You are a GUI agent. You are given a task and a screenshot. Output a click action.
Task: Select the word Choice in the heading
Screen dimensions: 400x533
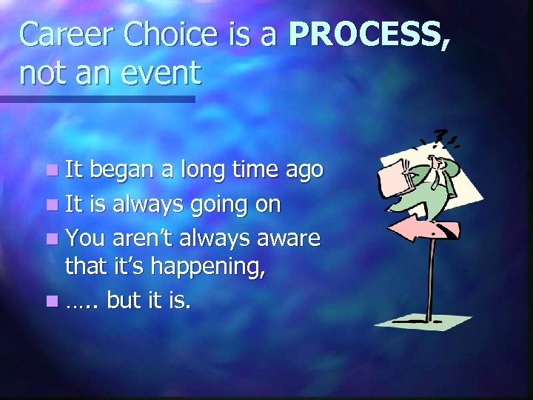[x=169, y=34]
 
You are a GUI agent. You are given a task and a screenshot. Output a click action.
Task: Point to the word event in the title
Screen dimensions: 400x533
[x=164, y=73]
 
